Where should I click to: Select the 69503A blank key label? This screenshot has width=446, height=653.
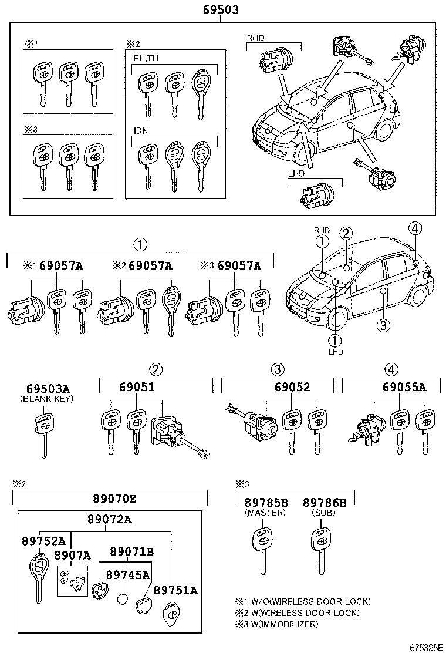(x=48, y=389)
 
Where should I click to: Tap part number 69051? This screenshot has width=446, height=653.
(x=137, y=388)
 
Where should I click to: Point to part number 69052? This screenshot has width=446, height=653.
(x=292, y=388)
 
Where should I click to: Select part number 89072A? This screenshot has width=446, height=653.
(x=110, y=519)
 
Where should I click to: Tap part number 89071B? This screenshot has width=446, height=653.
(x=132, y=551)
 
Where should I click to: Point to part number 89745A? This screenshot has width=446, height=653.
(x=127, y=575)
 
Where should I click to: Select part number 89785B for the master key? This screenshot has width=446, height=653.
(x=266, y=503)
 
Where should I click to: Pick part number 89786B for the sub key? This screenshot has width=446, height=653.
(x=325, y=503)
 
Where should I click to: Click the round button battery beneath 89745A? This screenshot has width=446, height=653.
(x=122, y=599)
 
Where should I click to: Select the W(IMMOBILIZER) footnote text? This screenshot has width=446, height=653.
(x=283, y=624)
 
